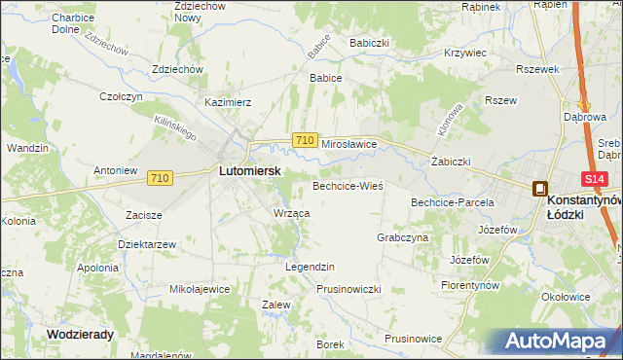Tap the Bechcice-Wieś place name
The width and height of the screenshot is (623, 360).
[348, 185]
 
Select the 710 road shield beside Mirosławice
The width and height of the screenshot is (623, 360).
[304, 141]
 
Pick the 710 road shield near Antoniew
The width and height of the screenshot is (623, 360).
[161, 177]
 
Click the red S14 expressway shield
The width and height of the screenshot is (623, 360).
[595, 179]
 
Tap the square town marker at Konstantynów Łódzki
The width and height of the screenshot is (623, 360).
[539, 190]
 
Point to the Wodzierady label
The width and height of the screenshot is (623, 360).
[81, 334]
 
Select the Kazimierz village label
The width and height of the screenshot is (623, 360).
[228, 101]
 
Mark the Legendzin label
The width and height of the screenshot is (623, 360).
[310, 267]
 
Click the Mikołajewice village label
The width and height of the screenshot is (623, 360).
[200, 289]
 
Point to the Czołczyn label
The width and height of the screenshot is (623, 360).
[122, 96]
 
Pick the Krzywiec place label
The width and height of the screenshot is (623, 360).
[463, 53]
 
